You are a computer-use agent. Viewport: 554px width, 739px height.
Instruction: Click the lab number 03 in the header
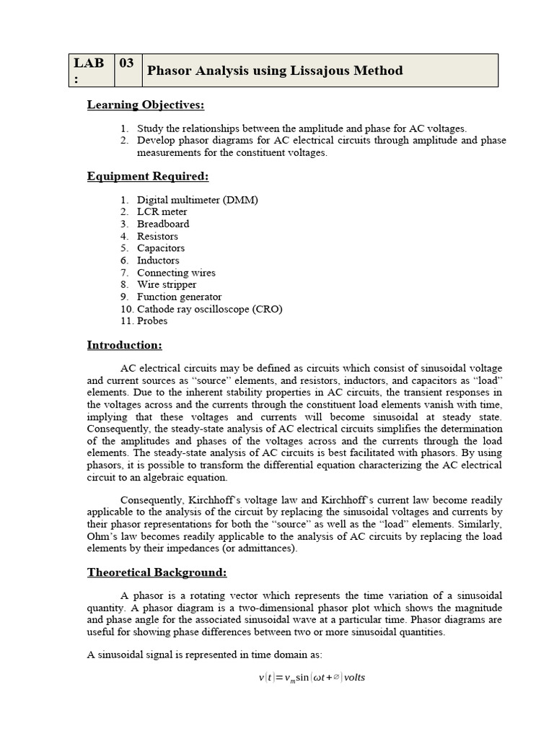[126, 64]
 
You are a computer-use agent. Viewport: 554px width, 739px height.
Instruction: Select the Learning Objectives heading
[146, 105]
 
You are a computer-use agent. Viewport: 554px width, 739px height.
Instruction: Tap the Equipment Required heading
[148, 176]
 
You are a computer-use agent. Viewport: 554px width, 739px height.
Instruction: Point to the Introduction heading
[125, 345]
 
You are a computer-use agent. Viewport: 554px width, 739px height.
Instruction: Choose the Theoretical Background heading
[157, 572]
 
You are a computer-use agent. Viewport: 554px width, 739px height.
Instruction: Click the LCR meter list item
[162, 211]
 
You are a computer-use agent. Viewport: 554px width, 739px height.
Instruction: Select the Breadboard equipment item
[163, 224]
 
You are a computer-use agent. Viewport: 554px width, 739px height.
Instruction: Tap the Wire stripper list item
[167, 284]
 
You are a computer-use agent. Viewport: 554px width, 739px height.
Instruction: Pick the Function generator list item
[180, 297]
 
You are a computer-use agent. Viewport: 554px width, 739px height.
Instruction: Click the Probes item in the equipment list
[152, 320]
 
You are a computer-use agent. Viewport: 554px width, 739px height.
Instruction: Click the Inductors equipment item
[159, 261]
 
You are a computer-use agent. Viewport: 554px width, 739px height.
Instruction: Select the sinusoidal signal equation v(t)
[312, 678]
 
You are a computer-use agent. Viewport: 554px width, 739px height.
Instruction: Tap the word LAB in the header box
[88, 64]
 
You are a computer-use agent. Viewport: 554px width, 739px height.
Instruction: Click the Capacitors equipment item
[161, 248]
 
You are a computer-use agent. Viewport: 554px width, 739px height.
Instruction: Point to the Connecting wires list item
[177, 273]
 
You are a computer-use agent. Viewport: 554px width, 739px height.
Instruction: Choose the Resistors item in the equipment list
[158, 236]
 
